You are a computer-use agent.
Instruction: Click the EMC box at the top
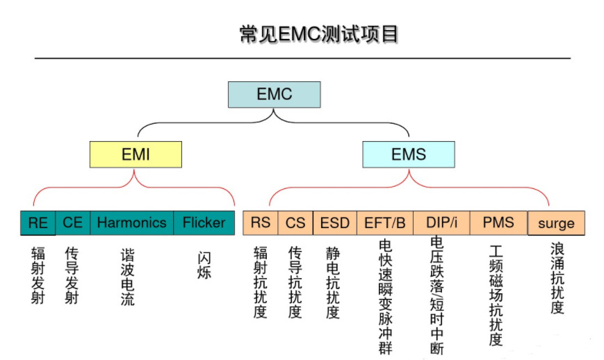pyautogui.click(x=275, y=95)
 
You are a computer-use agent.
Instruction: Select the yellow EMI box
pyautogui.click(x=136, y=154)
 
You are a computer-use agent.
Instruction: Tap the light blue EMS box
pyautogui.click(x=408, y=154)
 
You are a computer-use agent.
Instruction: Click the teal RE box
pyautogui.click(x=38, y=223)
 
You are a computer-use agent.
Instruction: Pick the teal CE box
pyautogui.click(x=73, y=223)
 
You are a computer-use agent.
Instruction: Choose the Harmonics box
pyautogui.click(x=132, y=223)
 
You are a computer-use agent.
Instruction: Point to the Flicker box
pyautogui.click(x=204, y=223)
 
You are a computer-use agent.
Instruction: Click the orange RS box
pyautogui.click(x=261, y=223)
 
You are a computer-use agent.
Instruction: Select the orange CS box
pyautogui.click(x=295, y=223)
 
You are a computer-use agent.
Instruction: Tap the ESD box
pyautogui.click(x=335, y=223)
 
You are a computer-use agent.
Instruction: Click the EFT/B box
pyautogui.click(x=385, y=223)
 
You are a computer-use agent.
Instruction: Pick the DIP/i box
pyautogui.click(x=441, y=223)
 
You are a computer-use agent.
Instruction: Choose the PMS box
pyautogui.click(x=498, y=223)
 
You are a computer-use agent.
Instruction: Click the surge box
pyautogui.click(x=556, y=223)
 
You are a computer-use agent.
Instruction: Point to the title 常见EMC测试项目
pyautogui.click(x=318, y=34)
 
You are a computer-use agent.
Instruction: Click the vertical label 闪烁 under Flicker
pyautogui.click(x=204, y=265)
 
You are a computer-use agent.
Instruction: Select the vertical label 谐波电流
pyautogui.click(x=127, y=277)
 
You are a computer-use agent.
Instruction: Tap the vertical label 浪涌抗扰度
pyautogui.click(x=557, y=278)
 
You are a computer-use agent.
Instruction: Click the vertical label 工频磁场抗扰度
pyautogui.click(x=496, y=295)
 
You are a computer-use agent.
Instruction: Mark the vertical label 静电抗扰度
pyautogui.click(x=333, y=283)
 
